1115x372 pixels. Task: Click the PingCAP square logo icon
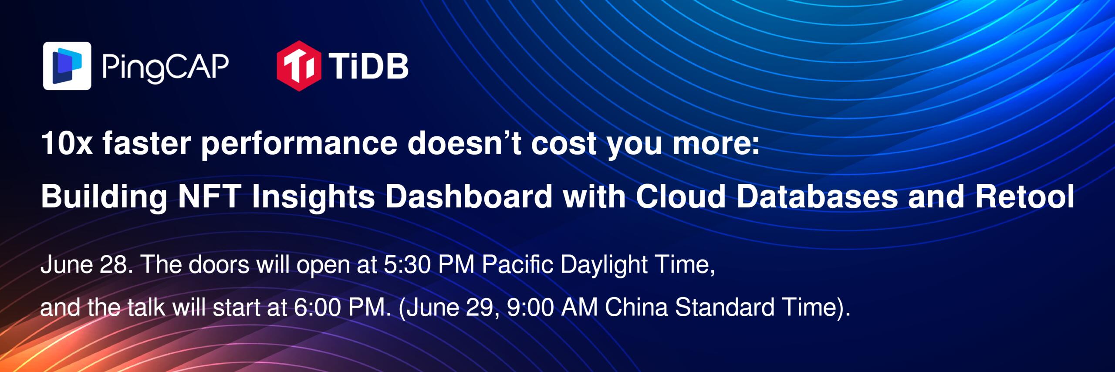[x=67, y=66]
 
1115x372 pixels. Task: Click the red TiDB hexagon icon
[x=299, y=66]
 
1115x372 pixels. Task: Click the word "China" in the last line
[x=636, y=307]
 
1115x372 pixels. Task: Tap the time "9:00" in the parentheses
[x=530, y=307]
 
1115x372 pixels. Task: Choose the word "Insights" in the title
[x=313, y=196]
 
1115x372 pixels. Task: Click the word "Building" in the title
[x=104, y=196]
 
